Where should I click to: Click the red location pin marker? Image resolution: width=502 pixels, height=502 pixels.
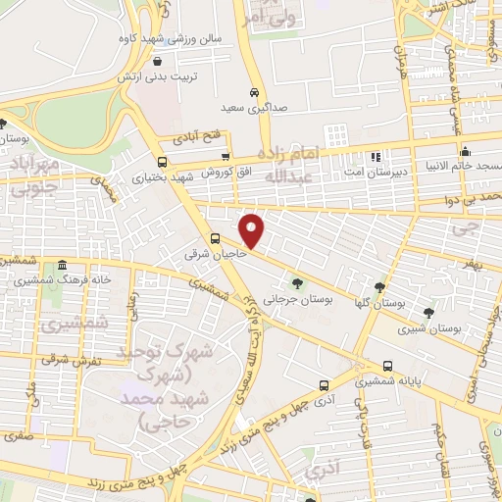coord(252,230)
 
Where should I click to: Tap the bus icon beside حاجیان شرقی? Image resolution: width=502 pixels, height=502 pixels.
coord(215,238)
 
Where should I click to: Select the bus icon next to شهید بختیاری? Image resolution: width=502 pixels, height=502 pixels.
coord(162,162)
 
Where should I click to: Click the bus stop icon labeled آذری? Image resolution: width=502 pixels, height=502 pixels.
coord(323,386)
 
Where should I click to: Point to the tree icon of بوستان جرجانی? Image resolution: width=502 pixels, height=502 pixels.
coord(298,285)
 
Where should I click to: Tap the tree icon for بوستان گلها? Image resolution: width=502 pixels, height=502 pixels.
coord(378,287)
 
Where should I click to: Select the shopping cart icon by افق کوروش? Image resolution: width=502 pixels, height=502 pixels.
coord(226,157)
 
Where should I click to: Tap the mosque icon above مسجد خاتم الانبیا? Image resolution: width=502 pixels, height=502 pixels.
coord(465,151)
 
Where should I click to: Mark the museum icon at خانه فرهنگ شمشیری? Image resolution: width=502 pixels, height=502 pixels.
coord(63,266)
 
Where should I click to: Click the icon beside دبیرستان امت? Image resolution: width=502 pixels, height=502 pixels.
coord(374,157)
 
